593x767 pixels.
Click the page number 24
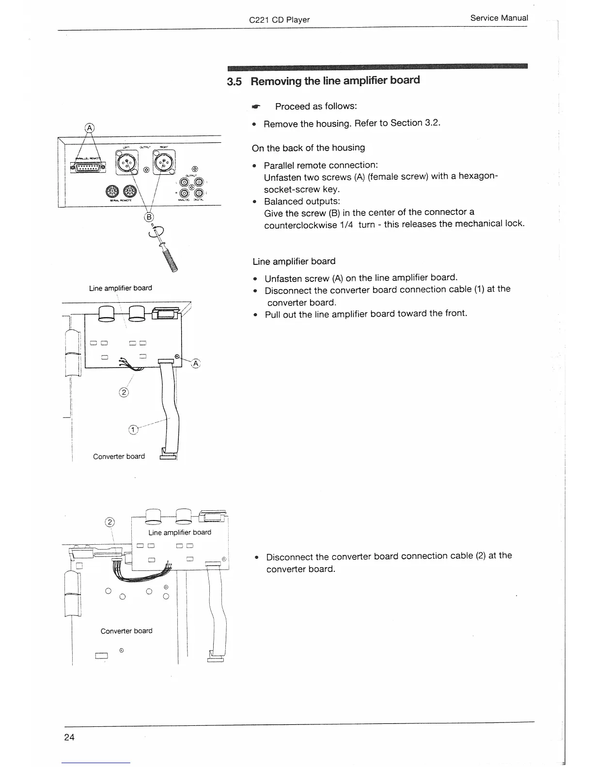point(69,737)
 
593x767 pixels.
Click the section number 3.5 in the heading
point(234,81)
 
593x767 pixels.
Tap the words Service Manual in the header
point(499,18)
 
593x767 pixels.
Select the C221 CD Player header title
point(279,20)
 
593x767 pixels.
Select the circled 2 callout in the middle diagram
point(123,392)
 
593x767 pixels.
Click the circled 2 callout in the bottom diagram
point(110,522)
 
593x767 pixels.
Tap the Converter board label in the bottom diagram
point(126,631)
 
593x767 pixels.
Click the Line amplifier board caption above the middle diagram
point(120,288)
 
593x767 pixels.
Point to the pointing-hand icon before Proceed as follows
point(256,106)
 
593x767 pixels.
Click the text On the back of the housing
point(308,148)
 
